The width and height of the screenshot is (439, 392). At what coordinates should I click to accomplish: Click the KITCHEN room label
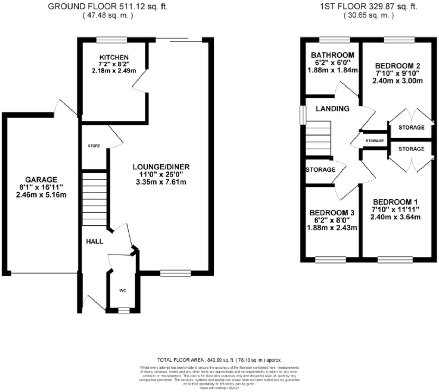(x=114, y=57)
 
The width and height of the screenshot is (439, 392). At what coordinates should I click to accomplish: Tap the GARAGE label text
(x=41, y=180)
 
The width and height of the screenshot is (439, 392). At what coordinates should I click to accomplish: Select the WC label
(x=123, y=290)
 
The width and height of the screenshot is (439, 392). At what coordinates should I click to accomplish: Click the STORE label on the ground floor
(x=94, y=146)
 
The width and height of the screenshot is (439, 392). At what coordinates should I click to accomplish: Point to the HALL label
(x=94, y=242)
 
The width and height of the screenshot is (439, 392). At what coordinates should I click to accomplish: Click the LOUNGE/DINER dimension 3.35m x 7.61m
(x=161, y=182)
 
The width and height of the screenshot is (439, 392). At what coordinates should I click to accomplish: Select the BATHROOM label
(x=333, y=55)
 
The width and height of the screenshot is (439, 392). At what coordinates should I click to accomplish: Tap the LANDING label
(x=333, y=108)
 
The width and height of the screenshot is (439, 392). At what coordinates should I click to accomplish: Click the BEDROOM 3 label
(x=332, y=213)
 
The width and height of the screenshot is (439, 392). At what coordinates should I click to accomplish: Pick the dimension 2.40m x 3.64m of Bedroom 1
(x=395, y=217)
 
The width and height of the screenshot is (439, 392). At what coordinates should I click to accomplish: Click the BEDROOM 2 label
(x=398, y=66)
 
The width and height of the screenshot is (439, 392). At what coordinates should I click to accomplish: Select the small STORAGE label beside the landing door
(x=375, y=141)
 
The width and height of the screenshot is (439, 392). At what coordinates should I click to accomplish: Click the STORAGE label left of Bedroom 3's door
(x=321, y=170)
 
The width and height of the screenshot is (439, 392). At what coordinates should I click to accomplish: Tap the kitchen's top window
(x=112, y=40)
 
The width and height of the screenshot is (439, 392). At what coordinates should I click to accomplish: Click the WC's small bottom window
(x=124, y=310)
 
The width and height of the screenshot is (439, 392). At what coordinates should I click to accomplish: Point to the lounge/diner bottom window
(x=176, y=273)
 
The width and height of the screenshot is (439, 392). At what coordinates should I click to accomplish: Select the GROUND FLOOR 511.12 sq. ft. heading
(x=108, y=7)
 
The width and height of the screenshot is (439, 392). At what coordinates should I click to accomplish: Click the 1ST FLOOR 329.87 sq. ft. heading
(x=369, y=7)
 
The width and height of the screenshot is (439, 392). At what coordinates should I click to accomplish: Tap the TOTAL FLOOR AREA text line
(x=219, y=360)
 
